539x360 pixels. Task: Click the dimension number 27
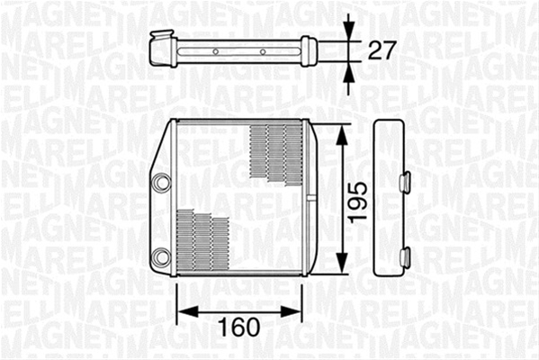382,50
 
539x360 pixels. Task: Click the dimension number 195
356,202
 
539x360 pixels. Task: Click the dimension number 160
239,327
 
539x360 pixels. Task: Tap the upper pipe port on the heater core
161,183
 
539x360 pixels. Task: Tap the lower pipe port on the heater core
161,256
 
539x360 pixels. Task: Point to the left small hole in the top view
216,52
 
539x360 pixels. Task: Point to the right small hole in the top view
263,52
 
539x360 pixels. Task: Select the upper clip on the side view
405,181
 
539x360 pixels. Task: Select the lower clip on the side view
405,256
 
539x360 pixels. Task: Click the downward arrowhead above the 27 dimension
348,32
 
